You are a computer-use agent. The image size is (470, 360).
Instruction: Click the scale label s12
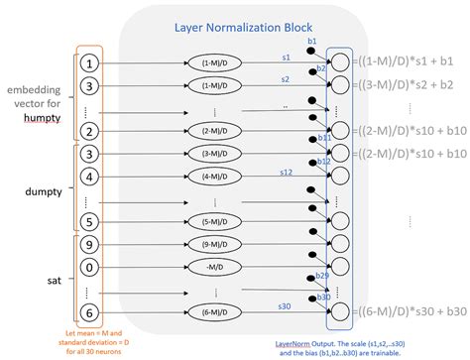point(285,172)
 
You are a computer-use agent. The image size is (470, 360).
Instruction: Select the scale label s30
point(284,307)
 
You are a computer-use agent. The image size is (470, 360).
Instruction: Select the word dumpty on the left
point(40,183)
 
